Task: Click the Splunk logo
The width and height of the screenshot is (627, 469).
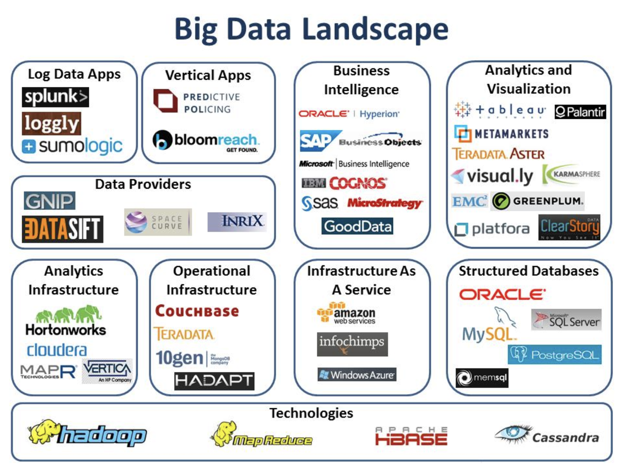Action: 55,97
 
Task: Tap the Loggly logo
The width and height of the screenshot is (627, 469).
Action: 52,124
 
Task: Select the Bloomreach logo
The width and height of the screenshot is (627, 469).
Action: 206,141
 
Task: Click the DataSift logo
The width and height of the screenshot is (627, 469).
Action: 62,229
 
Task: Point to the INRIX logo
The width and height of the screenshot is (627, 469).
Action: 237,222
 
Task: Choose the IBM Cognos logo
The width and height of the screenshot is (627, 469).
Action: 344,183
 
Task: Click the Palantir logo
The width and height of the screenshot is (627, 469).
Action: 580,112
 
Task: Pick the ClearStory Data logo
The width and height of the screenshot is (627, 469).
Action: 569,227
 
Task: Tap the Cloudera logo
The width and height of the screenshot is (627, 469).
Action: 57,350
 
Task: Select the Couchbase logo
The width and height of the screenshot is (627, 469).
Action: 197,311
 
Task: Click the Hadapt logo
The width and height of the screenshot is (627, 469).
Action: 214,381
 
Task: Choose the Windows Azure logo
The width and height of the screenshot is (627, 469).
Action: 357,375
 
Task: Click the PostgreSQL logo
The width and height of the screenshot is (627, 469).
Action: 555,355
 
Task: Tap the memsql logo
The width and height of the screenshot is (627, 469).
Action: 482,378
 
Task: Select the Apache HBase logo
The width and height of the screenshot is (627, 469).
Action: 411,437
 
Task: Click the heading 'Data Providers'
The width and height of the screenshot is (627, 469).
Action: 143,184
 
